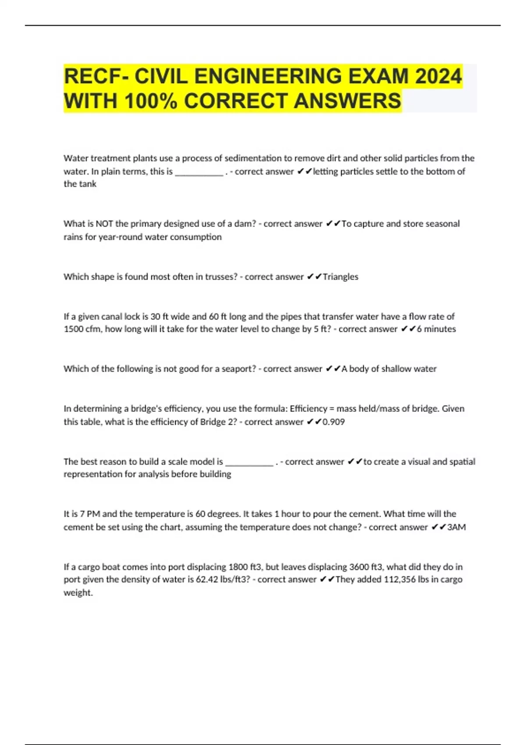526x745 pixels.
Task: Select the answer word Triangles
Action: click(341, 277)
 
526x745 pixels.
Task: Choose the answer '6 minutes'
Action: click(436, 329)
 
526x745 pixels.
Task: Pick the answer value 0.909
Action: click(334, 422)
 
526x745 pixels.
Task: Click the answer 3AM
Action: click(456, 527)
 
